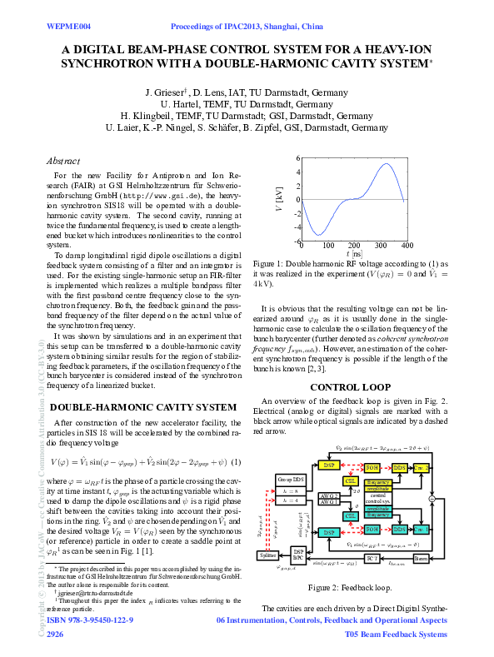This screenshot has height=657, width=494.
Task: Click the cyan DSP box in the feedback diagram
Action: coord(328,531)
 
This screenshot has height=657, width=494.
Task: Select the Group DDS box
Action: coord(289,480)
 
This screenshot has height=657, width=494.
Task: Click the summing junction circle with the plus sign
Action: coord(432,498)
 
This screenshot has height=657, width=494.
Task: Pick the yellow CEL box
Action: coord(351,482)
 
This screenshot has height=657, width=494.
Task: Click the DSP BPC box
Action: coord(298,554)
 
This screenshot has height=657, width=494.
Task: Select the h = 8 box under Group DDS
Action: coord(289,491)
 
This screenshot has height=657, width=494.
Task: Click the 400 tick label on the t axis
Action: coord(407,246)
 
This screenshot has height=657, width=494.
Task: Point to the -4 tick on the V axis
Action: coord(297,226)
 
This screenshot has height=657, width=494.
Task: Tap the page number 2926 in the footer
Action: coord(55,635)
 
